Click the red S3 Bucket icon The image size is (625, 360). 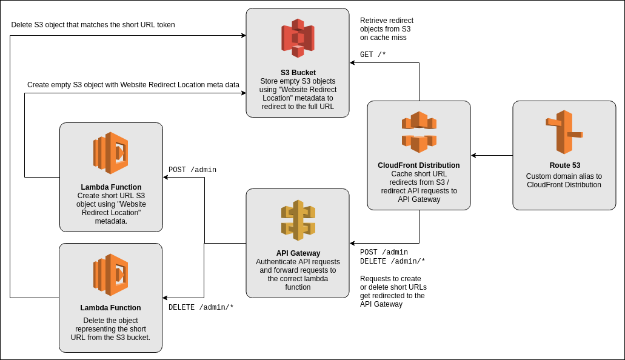(x=298, y=38)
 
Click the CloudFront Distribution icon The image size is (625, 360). (x=419, y=132)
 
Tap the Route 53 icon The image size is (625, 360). (x=564, y=132)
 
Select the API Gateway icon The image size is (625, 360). (x=298, y=220)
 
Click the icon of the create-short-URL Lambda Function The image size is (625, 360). (x=111, y=153)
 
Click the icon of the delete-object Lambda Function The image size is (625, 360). (x=111, y=275)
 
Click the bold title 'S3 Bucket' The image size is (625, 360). (x=298, y=73)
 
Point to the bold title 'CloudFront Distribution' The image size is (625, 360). (x=419, y=165)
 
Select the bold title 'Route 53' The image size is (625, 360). (x=564, y=165)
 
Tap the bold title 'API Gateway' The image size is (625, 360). (x=298, y=253)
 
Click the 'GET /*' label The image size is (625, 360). (x=373, y=55)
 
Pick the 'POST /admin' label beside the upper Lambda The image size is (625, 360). (x=192, y=170)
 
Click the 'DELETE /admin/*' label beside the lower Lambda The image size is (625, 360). (x=201, y=307)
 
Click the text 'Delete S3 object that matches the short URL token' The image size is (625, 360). (x=93, y=25)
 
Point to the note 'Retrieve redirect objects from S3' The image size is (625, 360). (x=386, y=28)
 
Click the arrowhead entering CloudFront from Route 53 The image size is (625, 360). (x=473, y=156)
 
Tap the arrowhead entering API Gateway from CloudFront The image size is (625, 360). (x=352, y=244)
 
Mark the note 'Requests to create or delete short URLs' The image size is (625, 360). (x=393, y=291)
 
